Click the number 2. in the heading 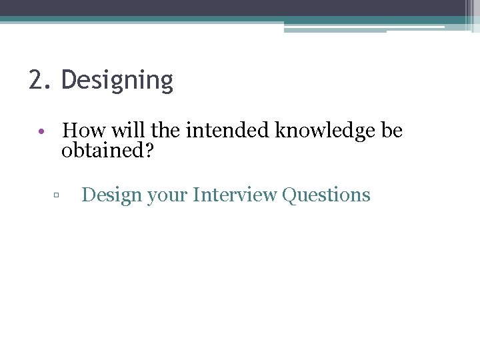tap(39, 80)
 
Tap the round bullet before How tap(41, 131)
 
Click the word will tap(122, 130)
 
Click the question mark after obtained tap(149, 151)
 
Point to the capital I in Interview tap(195, 195)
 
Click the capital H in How tap(71, 130)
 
